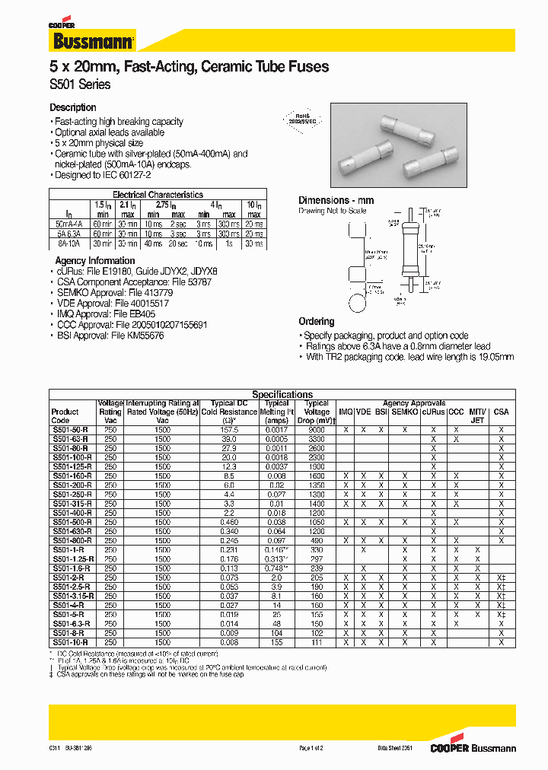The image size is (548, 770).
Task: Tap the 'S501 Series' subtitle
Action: [80, 84]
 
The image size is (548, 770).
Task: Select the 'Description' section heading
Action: [73, 108]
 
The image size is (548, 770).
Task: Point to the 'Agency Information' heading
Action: [95, 260]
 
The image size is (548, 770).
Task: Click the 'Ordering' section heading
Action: [316, 321]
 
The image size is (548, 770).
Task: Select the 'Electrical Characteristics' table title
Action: [158, 195]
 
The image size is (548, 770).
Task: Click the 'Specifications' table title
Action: [282, 394]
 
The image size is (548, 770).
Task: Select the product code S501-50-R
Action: [70, 430]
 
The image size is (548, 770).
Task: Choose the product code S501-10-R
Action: [70, 642]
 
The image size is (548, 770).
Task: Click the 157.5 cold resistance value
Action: [228, 430]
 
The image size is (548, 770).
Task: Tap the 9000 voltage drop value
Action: [317, 430]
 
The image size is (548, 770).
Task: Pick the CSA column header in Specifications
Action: [501, 412]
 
